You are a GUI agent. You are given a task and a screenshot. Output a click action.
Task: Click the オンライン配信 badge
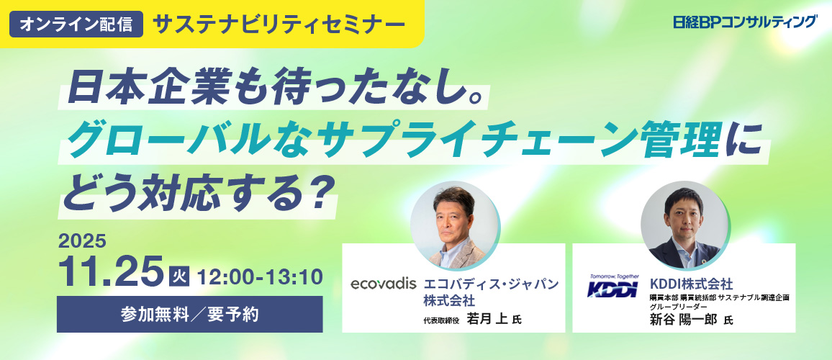(76, 24)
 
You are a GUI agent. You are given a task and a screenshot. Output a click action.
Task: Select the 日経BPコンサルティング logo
(745, 22)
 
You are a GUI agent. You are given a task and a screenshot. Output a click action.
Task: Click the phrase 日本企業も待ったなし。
(276, 88)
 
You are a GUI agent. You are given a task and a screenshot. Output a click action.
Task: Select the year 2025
(82, 242)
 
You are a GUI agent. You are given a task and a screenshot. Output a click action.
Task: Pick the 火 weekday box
(178, 276)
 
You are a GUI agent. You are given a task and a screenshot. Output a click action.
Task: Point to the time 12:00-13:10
(260, 276)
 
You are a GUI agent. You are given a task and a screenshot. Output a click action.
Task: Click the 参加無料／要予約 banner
(189, 315)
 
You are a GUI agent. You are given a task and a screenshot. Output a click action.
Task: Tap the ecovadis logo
(383, 284)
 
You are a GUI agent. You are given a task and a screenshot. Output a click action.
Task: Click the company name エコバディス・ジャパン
(491, 284)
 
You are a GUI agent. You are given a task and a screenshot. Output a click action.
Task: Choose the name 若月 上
(487, 319)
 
